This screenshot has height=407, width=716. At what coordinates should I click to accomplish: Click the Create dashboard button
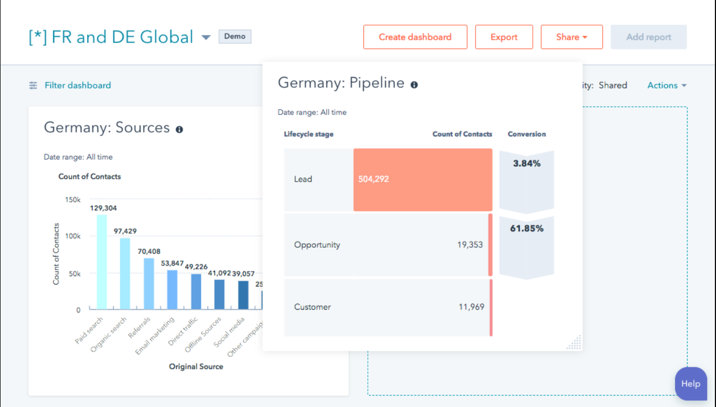[x=415, y=37]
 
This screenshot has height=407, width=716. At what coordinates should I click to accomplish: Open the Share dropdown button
[x=571, y=37]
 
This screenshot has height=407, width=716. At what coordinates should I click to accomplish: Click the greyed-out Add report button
[x=648, y=37]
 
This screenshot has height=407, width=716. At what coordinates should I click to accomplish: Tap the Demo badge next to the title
[x=235, y=36]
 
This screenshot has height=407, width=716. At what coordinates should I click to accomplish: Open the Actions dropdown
[x=666, y=85]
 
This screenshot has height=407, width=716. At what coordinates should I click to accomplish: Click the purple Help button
[x=690, y=384]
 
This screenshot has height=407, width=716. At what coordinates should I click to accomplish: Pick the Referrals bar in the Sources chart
[x=149, y=283]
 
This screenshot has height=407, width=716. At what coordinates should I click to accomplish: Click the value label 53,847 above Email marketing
[x=172, y=263]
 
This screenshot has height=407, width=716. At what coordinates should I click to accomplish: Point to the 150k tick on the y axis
[x=73, y=200]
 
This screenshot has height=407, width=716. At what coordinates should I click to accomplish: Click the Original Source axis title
[x=196, y=367]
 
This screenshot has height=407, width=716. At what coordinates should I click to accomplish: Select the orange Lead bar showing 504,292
[x=423, y=179]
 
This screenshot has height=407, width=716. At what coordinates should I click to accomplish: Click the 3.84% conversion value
[x=527, y=164]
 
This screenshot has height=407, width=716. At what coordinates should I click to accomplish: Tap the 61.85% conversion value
[x=527, y=228]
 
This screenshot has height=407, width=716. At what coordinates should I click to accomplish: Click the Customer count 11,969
[x=471, y=307]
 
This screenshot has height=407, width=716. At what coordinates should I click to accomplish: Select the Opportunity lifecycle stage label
[x=317, y=245]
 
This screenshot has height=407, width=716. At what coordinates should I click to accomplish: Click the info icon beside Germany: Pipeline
[x=414, y=85]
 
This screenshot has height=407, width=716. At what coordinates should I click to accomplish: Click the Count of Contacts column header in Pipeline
[x=462, y=134]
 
